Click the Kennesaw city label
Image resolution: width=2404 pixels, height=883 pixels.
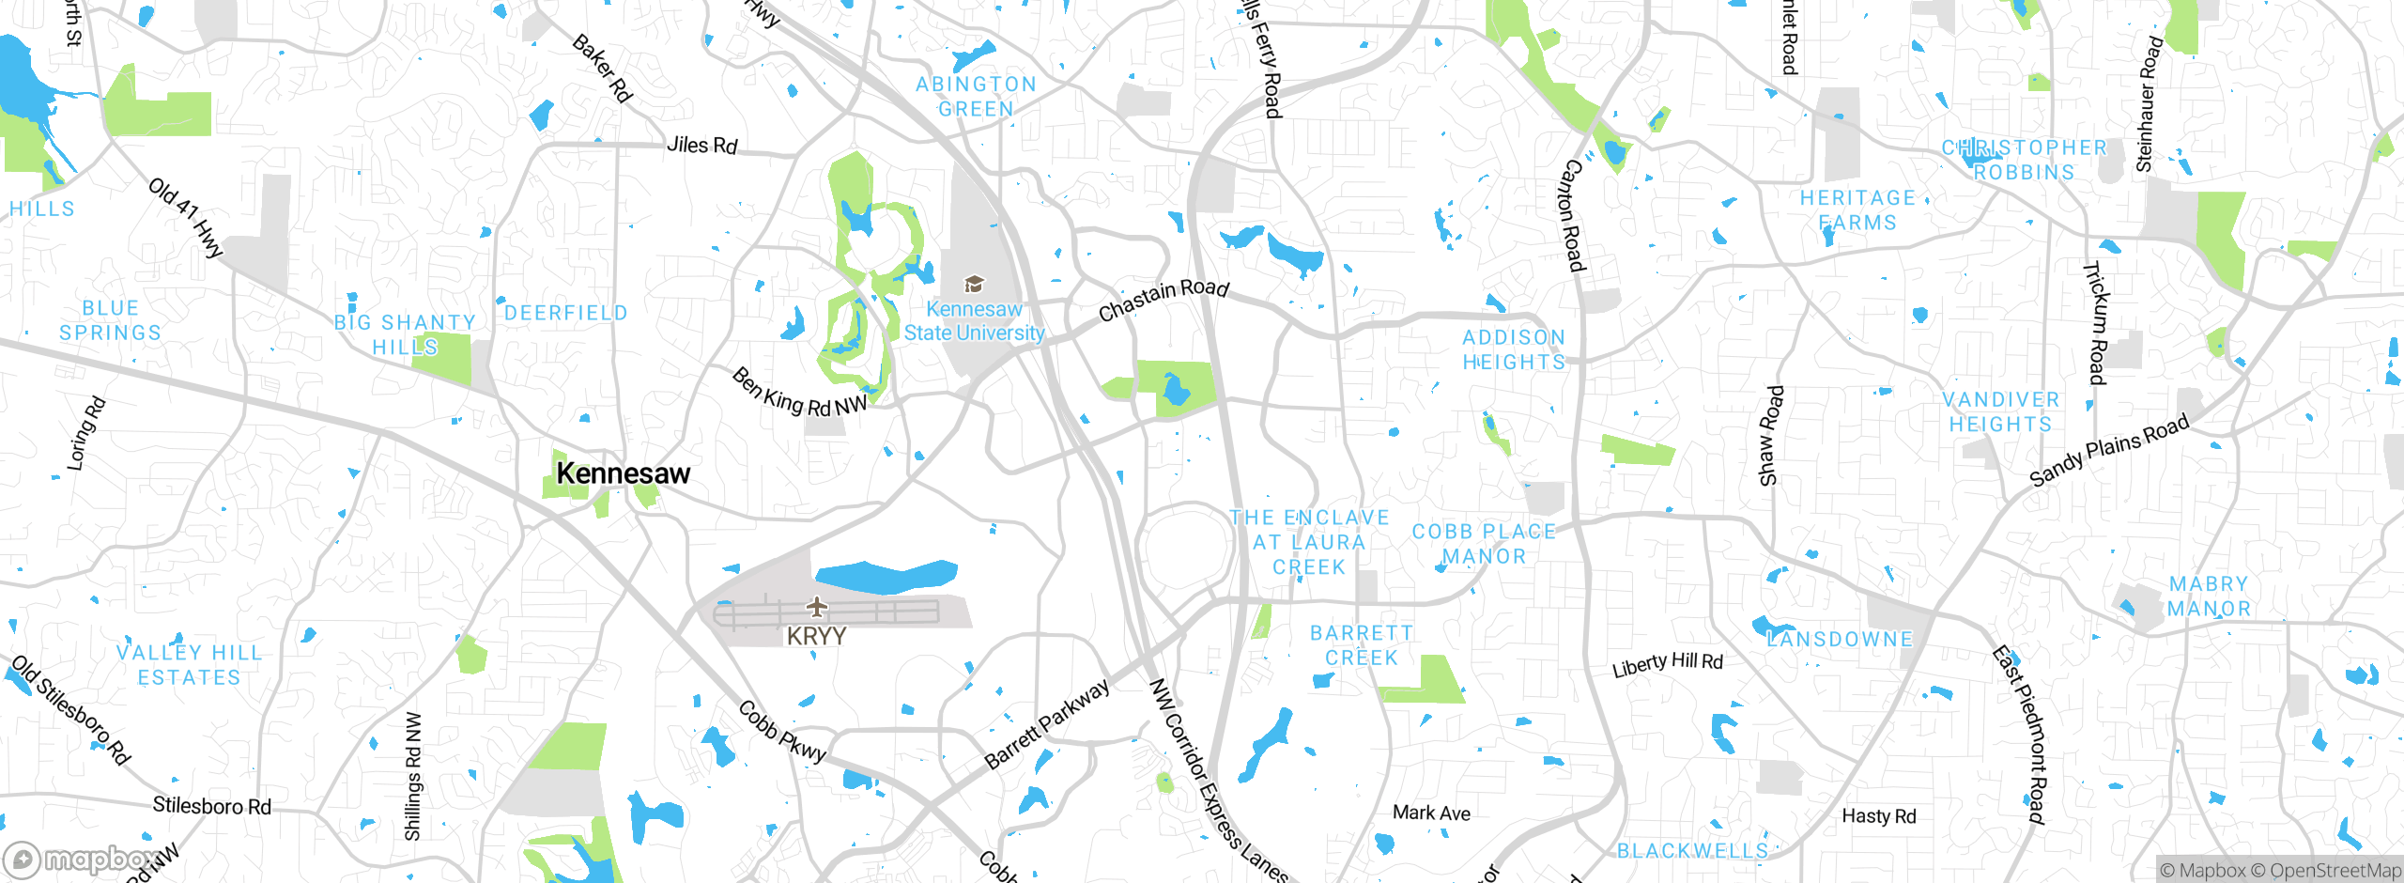click(623, 473)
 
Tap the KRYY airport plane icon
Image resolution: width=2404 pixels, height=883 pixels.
click(817, 607)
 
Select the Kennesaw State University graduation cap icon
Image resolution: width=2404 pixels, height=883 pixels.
click(974, 284)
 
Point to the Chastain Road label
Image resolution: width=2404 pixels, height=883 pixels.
click(1163, 299)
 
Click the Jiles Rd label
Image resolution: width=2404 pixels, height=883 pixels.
click(701, 146)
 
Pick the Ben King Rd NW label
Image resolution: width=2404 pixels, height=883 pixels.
click(799, 394)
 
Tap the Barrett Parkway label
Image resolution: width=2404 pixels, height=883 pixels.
click(1047, 725)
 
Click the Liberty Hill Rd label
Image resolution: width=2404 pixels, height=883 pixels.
click(1667, 664)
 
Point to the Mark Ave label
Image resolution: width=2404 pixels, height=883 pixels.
click(1431, 813)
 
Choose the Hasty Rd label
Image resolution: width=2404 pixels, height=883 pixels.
click(1878, 816)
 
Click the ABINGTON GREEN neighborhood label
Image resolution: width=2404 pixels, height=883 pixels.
click(977, 97)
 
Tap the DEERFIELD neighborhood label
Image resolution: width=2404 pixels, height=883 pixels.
click(566, 313)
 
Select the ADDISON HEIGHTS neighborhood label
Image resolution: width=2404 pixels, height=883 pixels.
click(1514, 349)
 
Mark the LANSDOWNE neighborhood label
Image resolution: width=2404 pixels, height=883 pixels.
click(1840, 640)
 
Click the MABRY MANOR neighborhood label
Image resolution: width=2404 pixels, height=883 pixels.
click(2209, 596)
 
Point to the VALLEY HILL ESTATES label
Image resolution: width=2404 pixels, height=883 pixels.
click(190, 665)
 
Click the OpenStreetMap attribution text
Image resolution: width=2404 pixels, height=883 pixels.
click(2335, 871)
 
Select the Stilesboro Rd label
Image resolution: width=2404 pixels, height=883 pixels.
click(211, 806)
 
